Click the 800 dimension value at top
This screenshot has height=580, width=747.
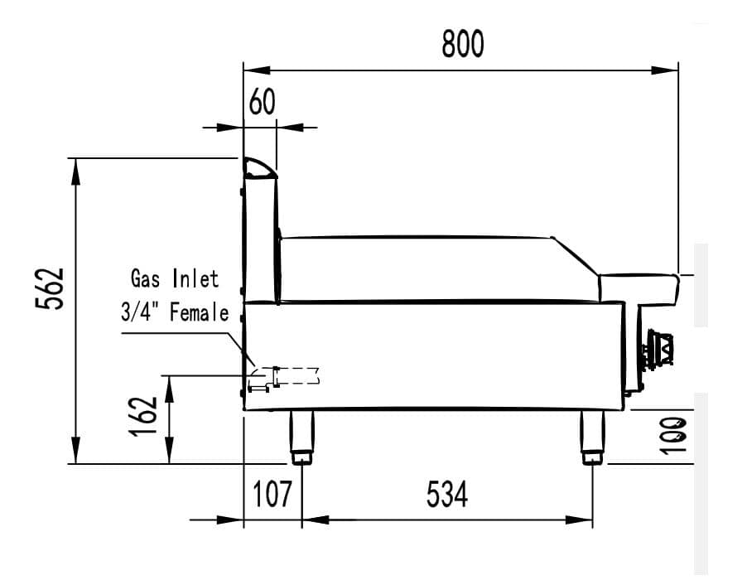coord(462,44)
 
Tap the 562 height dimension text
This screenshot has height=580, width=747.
coord(51,288)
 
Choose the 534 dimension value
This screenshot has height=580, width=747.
coord(447,494)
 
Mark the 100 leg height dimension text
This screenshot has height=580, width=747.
coord(677,433)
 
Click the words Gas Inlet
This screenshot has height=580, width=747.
coord(175,278)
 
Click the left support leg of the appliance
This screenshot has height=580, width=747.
coord(301,437)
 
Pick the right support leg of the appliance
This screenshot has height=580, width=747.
coord(593,437)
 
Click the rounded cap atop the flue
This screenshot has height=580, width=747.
coord(258,168)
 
